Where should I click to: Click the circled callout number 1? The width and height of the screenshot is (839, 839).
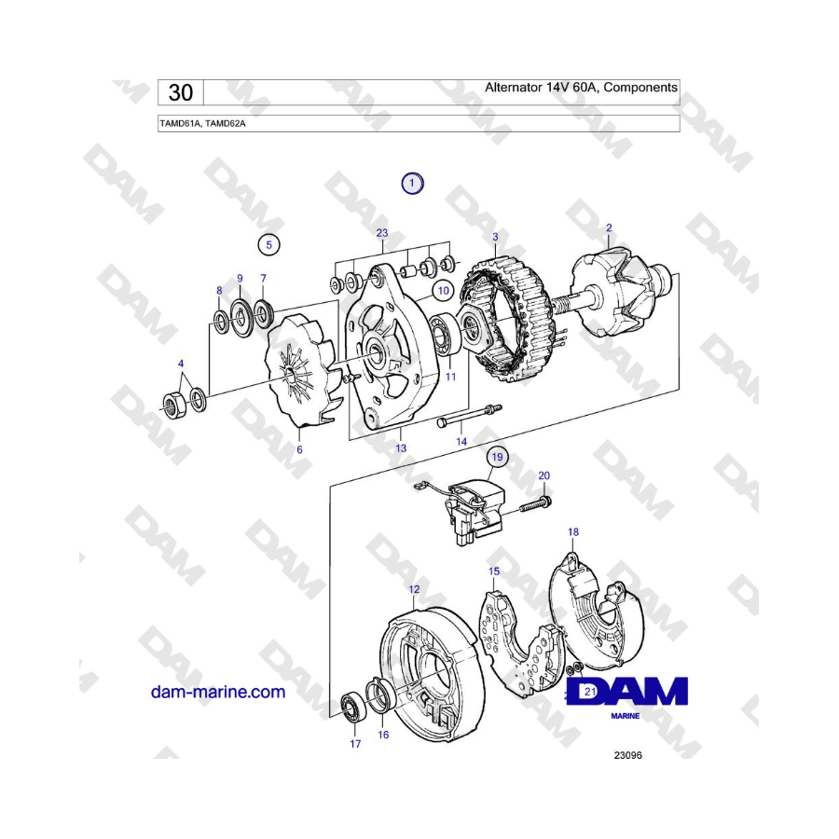(412, 184)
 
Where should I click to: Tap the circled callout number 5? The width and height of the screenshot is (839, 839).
(268, 245)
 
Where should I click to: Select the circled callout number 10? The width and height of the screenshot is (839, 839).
(444, 291)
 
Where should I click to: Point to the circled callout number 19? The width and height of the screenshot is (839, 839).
(497, 457)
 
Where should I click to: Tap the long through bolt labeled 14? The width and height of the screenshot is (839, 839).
(469, 416)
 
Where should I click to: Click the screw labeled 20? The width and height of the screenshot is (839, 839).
(536, 505)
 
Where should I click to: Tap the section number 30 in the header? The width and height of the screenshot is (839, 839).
(181, 92)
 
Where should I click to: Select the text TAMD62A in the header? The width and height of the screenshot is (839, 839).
(226, 124)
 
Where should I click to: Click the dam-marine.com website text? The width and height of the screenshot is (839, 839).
(218, 692)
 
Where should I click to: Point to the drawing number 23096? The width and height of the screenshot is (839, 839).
(627, 755)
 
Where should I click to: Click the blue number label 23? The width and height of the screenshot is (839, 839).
(382, 233)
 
